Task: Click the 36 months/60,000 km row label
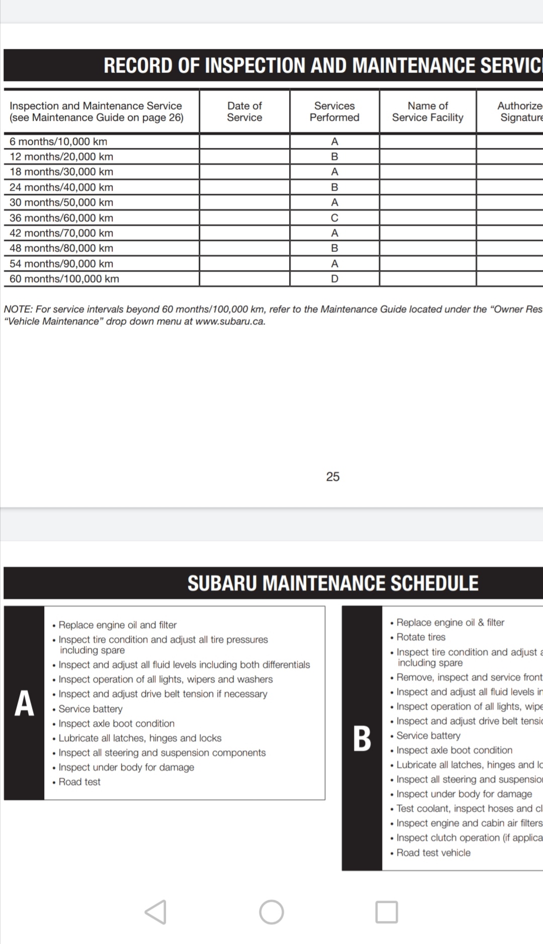tap(61, 218)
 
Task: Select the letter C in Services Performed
tap(334, 218)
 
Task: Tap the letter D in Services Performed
tap(334, 279)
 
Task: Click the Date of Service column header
tap(244, 112)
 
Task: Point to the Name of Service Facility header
tap(427, 112)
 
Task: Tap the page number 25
tap(332, 477)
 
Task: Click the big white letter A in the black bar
tap(24, 703)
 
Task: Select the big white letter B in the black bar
tap(362, 738)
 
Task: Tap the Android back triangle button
tap(156, 912)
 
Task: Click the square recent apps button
tap(387, 912)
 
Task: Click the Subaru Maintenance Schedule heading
tap(333, 583)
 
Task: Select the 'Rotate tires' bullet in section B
tap(421, 637)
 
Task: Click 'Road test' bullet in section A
tap(79, 782)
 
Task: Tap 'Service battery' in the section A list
tap(90, 709)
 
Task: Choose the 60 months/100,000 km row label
tap(64, 279)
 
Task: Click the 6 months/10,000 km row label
tap(58, 142)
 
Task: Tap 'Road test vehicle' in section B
tap(433, 853)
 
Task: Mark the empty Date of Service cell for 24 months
tap(244, 187)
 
